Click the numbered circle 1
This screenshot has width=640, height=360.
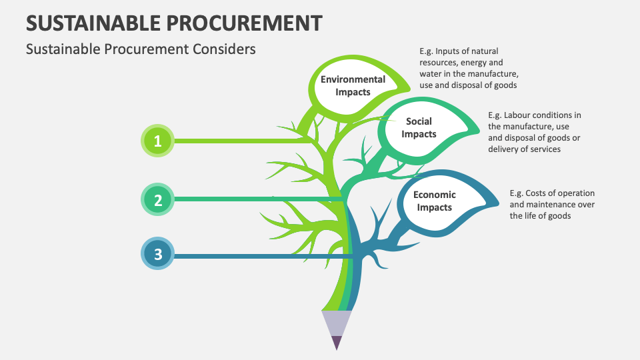tap(158, 141)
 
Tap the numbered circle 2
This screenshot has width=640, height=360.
tap(158, 199)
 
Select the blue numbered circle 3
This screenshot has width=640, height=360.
tap(158, 254)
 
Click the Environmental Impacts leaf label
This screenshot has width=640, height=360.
tap(353, 85)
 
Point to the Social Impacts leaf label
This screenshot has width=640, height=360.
tap(419, 127)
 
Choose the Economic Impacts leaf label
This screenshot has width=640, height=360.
tap(434, 201)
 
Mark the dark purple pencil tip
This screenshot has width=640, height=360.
tap(337, 342)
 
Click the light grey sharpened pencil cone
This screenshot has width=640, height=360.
tap(337, 323)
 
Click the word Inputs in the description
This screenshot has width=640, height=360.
tap(449, 51)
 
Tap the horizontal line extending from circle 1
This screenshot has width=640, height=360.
tap(240, 141)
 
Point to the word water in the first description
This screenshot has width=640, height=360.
tap(431, 73)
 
